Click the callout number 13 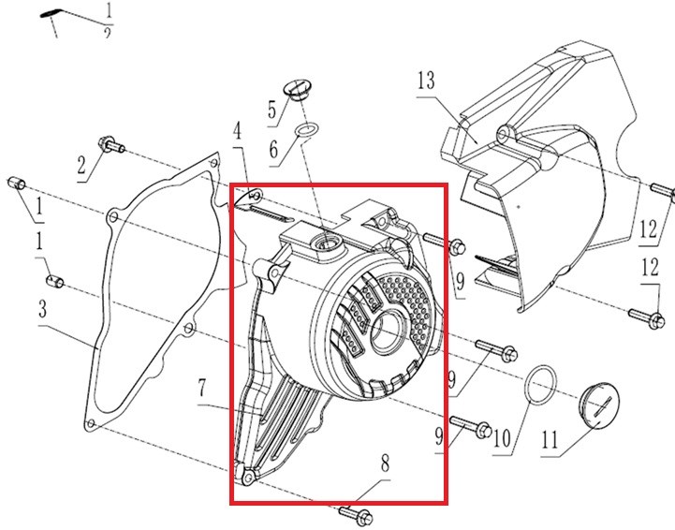point(426,81)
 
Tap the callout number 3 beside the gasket point(42,309)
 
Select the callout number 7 point(202,389)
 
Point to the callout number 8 point(386,464)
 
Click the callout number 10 point(502,439)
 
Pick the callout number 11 point(550,439)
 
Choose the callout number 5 point(271,110)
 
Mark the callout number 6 point(273,150)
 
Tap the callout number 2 point(81,166)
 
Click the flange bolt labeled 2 point(111,144)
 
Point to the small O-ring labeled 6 point(306,132)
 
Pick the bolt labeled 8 point(356,515)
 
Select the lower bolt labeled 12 point(647,318)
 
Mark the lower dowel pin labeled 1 point(54,282)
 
